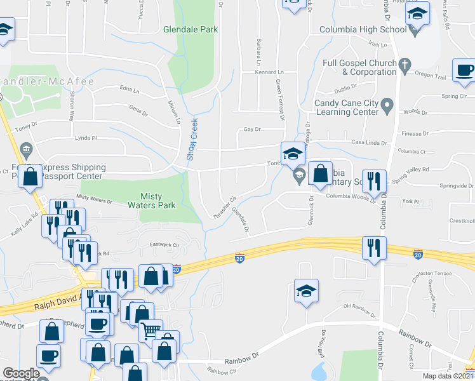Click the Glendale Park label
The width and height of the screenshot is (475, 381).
[x=191, y=29]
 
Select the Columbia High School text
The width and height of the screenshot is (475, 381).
[x=363, y=29]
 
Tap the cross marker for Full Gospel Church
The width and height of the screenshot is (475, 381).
[x=403, y=63]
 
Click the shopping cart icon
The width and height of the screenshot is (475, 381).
[x=150, y=330]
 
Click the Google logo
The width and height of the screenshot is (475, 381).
[x=21, y=373]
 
